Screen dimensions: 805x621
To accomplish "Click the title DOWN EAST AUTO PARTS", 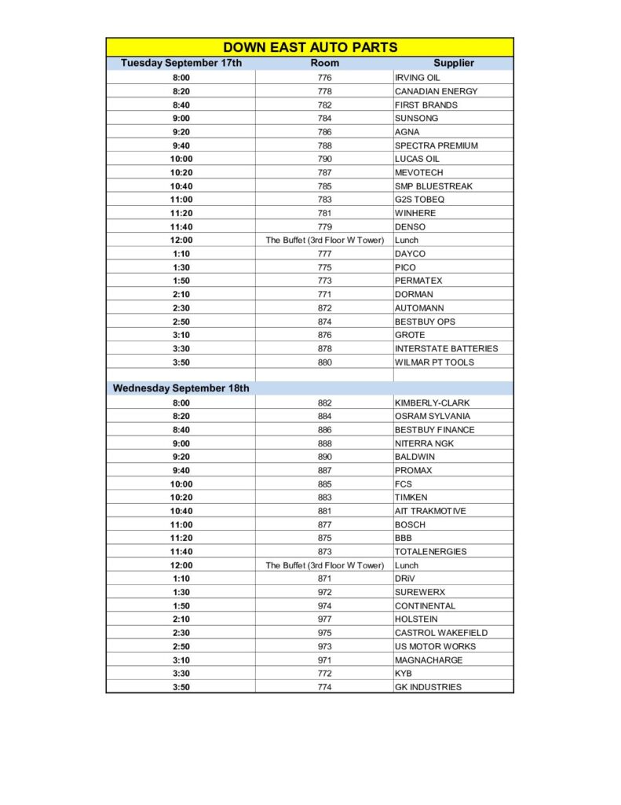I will tap(310, 47).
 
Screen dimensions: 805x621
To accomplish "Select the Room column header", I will tap(324, 63).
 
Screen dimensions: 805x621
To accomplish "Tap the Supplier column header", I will tap(453, 63).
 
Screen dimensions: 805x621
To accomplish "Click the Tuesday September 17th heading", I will tap(181, 63).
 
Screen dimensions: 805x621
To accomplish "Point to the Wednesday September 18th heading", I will tap(181, 388).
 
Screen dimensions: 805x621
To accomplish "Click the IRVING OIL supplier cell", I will tap(417, 78).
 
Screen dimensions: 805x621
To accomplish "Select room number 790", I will tap(324, 159).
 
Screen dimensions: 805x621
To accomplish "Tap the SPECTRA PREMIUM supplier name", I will tap(436, 145).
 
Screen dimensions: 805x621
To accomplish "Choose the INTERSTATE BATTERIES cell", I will tap(446, 348).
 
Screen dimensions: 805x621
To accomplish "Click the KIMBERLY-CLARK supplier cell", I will tap(432, 402).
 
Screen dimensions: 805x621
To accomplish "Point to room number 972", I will tap(324, 592).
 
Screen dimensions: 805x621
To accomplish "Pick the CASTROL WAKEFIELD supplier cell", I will tap(440, 633).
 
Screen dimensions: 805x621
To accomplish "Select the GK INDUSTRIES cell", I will tap(428, 687).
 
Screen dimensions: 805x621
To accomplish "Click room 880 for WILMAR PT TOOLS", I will tap(324, 362).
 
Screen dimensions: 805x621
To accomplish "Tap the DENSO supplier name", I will tap(410, 226).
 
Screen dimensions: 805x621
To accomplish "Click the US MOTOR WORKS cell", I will tap(435, 646).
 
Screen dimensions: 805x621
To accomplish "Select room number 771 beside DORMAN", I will tap(324, 294).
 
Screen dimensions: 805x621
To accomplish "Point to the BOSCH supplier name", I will tap(410, 524).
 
